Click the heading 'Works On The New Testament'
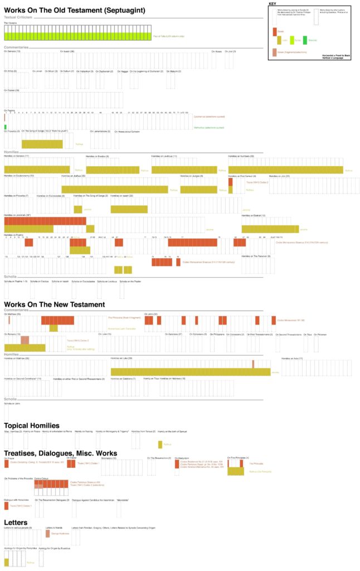(x=54, y=304)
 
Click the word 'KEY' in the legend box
(x=273, y=4)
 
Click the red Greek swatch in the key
(x=274, y=32)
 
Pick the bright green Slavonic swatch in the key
(x=305, y=39)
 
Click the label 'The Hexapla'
(x=10, y=23)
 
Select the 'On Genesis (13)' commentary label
(x=12, y=51)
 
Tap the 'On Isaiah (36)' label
(x=67, y=51)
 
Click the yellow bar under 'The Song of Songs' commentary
(x=42, y=144)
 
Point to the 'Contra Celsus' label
(x=41, y=478)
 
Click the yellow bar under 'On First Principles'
(x=235, y=471)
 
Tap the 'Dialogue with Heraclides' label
(x=16, y=500)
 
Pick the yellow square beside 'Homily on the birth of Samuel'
(x=160, y=444)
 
